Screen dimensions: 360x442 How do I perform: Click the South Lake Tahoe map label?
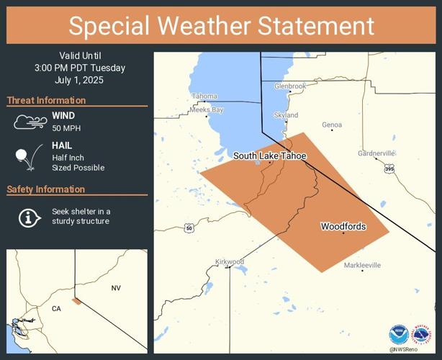[269, 156]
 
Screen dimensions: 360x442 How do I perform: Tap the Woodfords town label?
[343, 227]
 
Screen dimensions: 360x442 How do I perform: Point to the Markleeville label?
[361, 266]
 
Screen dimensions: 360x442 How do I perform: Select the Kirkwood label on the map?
[230, 261]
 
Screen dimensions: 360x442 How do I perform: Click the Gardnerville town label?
[376, 153]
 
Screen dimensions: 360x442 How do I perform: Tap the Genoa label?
[332, 125]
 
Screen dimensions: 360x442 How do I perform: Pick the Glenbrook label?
[290, 86]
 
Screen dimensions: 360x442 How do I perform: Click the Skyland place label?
[286, 115]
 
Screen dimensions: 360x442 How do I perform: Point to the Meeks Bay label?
[207, 109]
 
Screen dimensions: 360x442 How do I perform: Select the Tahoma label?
[204, 96]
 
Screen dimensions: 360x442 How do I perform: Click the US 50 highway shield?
[189, 228]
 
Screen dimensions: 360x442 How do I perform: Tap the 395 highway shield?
[389, 168]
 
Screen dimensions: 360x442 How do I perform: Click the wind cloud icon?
[30, 122]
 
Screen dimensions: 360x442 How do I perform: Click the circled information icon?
[29, 217]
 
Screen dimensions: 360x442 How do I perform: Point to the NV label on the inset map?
[116, 288]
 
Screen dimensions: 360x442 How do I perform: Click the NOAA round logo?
[399, 334]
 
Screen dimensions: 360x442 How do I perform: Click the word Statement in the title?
[313, 26]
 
